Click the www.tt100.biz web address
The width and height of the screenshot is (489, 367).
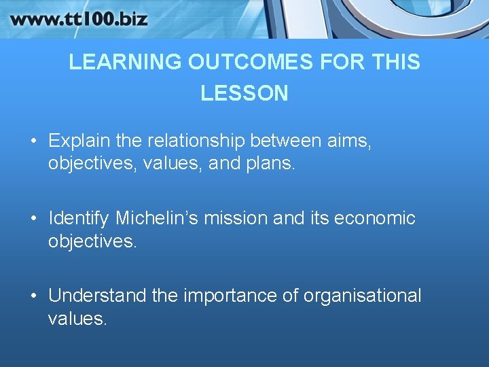pyautogui.click(x=79, y=18)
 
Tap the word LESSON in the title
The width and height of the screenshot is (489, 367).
pyautogui.click(x=244, y=93)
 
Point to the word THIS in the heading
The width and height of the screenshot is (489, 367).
pyautogui.click(x=396, y=63)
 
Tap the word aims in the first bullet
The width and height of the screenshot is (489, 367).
pyautogui.click(x=350, y=141)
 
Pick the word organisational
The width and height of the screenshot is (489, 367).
pyautogui.click(x=362, y=296)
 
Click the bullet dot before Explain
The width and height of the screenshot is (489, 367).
pyautogui.click(x=33, y=141)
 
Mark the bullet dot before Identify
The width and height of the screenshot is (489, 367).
pyautogui.click(x=33, y=219)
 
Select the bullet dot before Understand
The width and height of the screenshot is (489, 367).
pyautogui.click(x=33, y=296)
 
